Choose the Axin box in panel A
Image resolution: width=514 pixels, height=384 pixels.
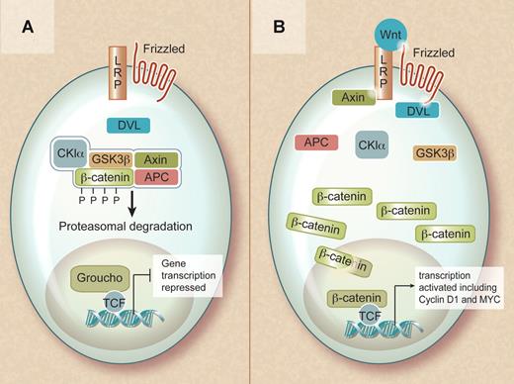pos(158,159)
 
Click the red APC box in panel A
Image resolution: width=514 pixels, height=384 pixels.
pos(158,179)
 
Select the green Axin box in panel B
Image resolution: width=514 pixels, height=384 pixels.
pos(350,100)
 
